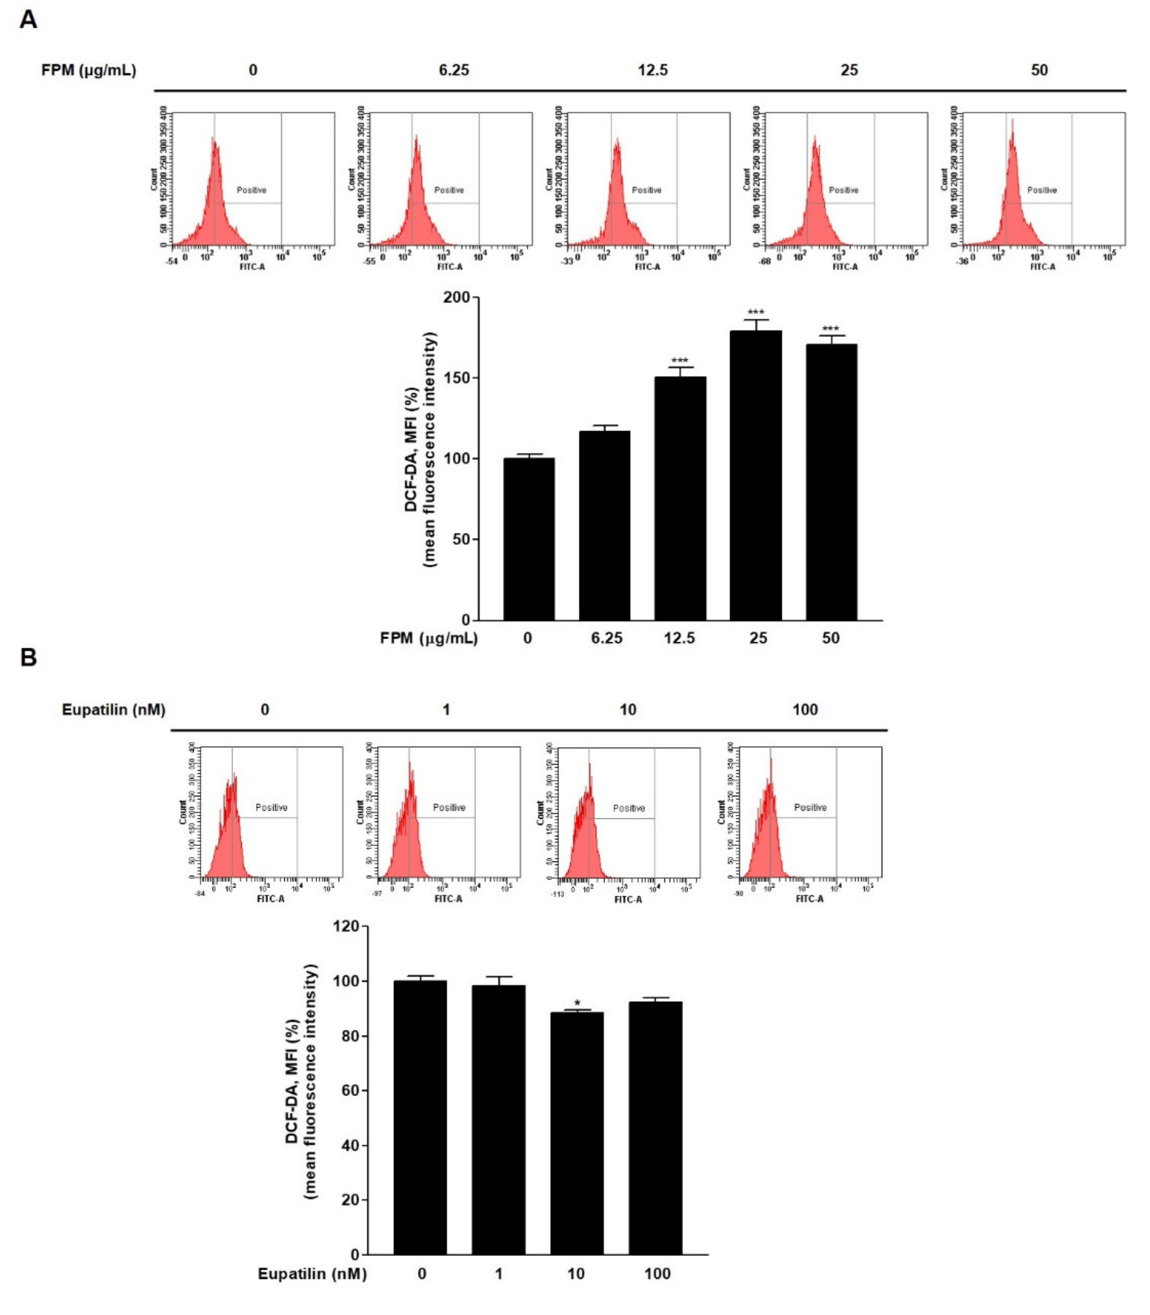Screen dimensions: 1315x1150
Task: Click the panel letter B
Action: click(x=28, y=658)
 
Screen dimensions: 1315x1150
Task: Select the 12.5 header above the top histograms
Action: click(x=652, y=70)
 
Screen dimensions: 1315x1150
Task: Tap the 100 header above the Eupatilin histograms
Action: click(x=805, y=709)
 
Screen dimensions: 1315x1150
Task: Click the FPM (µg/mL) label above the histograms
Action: click(x=88, y=70)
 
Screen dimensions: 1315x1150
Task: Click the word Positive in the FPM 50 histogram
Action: click(x=1042, y=190)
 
